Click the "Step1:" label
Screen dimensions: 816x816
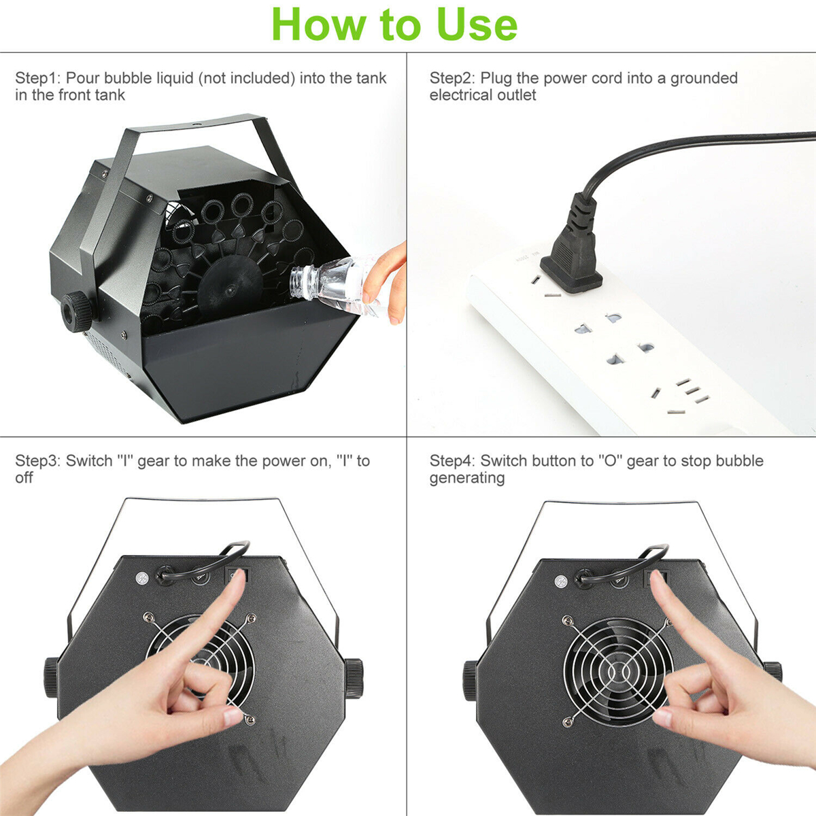pos(38,78)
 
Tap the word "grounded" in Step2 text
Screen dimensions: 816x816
pos(704,78)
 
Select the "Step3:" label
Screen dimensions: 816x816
pos(38,461)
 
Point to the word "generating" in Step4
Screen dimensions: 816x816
pos(466,478)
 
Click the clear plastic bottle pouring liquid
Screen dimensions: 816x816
pos(333,286)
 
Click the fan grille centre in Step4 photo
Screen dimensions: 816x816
pos(618,672)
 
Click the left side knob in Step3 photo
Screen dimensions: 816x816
pos(51,677)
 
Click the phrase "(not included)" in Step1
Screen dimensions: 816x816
pos(246,78)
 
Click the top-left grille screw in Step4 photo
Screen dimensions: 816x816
pos(566,621)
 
